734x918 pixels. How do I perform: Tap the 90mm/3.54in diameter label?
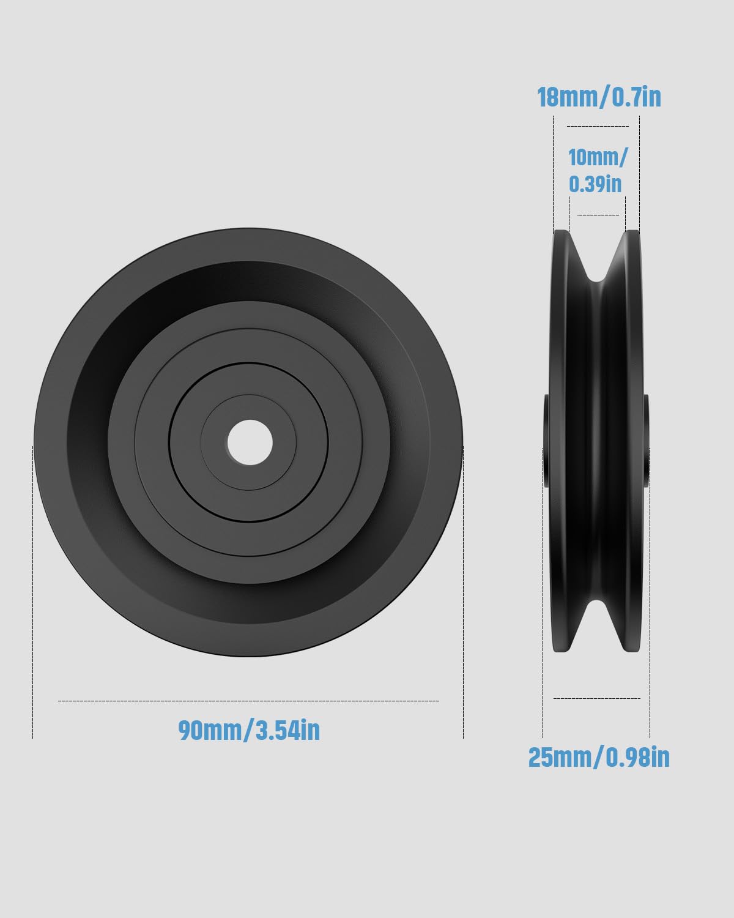[x=249, y=730]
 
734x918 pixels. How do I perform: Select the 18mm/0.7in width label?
[x=599, y=97]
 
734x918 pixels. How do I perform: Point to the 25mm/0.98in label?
[x=599, y=758]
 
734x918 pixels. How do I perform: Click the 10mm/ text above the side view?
[x=598, y=157]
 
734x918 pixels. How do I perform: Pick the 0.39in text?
[x=595, y=184]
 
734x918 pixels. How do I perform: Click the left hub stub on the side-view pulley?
[x=546, y=441]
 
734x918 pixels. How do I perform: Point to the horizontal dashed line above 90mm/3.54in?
[x=248, y=701]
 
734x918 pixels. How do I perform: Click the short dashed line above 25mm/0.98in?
[x=596, y=698]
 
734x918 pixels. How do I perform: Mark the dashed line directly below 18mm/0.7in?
[x=598, y=126]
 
